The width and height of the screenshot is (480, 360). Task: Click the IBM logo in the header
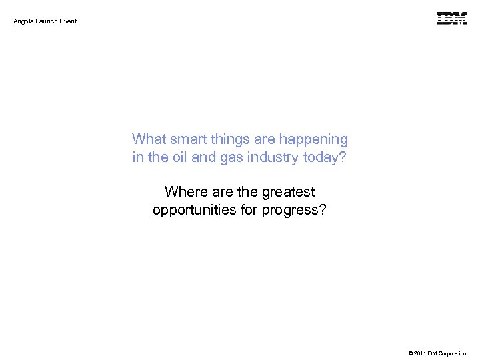tap(451, 18)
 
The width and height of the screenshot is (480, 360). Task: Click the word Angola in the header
tap(24, 21)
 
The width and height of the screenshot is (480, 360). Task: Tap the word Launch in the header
tap(47, 21)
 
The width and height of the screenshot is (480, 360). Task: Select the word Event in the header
tap(68, 21)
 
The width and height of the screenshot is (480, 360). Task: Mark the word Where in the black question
tap(185, 192)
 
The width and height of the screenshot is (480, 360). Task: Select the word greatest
tap(288, 193)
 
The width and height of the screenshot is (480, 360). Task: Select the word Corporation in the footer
tap(454, 353)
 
